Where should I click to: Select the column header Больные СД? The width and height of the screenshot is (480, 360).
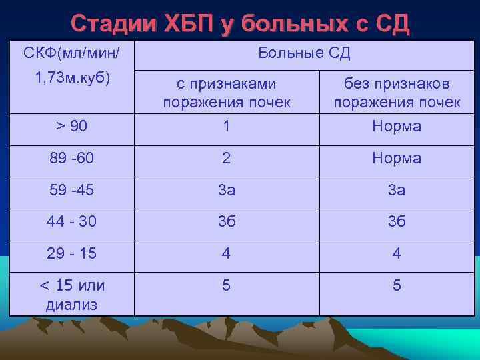pyautogui.click(x=303, y=53)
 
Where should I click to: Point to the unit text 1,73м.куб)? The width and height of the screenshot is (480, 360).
pyautogui.click(x=72, y=77)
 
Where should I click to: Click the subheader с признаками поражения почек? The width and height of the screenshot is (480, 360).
pyautogui.click(x=227, y=93)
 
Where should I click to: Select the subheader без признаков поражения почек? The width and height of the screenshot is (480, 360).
pyautogui.click(x=397, y=93)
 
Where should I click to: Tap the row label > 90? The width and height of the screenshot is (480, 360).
pyautogui.click(x=72, y=126)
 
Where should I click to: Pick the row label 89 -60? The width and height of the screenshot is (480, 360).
pyautogui.click(x=72, y=158)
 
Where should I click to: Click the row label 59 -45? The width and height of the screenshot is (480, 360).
pyautogui.click(x=72, y=190)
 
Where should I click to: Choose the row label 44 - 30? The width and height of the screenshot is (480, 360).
pyautogui.click(x=72, y=222)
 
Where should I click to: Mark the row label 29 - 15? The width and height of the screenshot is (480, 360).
pyautogui.click(x=72, y=254)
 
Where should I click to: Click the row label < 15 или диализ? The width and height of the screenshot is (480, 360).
pyautogui.click(x=72, y=295)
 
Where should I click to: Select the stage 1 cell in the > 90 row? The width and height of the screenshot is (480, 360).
pyautogui.click(x=227, y=126)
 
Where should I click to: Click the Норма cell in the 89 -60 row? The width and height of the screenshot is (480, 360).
pyautogui.click(x=397, y=158)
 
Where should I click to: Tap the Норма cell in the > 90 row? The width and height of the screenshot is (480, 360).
pyautogui.click(x=397, y=126)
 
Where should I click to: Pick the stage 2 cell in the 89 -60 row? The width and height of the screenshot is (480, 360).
pyautogui.click(x=227, y=158)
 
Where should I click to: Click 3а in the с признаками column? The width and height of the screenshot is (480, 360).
pyautogui.click(x=227, y=190)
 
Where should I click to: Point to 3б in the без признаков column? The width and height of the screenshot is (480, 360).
pyautogui.click(x=397, y=222)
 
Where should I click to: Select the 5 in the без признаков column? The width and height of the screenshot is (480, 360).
pyautogui.click(x=397, y=285)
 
